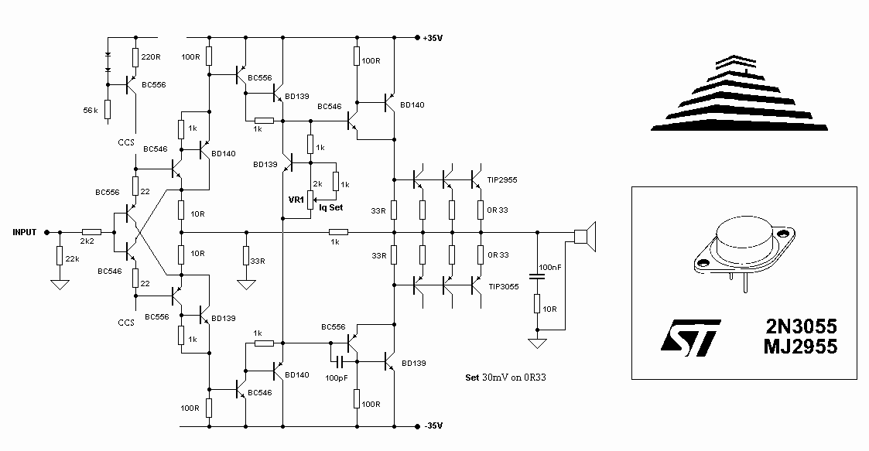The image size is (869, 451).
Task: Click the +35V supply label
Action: click(x=433, y=38)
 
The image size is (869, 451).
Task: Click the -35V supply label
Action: click(x=433, y=426)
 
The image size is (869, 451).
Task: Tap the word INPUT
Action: click(x=25, y=232)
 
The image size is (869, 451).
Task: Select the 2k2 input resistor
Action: click(x=91, y=232)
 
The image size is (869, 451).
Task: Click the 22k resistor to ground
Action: click(x=60, y=256)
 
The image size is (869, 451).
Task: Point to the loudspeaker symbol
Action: click(x=585, y=237)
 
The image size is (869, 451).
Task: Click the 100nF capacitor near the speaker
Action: click(x=536, y=276)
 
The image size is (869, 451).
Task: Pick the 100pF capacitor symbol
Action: click(x=340, y=362)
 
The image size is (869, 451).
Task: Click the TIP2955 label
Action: click(x=502, y=180)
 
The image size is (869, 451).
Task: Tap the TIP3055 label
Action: click(x=504, y=286)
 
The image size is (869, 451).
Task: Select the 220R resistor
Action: click(x=135, y=57)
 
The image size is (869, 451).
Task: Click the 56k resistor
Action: click(x=108, y=110)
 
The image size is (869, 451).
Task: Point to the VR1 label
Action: click(x=296, y=200)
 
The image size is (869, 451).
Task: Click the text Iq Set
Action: click(x=331, y=207)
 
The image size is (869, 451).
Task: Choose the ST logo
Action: click(x=690, y=337)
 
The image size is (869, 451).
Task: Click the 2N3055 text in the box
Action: click(x=801, y=325)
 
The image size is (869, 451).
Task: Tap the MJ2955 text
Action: click(x=800, y=347)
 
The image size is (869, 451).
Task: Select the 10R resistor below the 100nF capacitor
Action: click(x=536, y=304)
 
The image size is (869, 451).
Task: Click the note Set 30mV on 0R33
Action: click(x=505, y=378)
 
